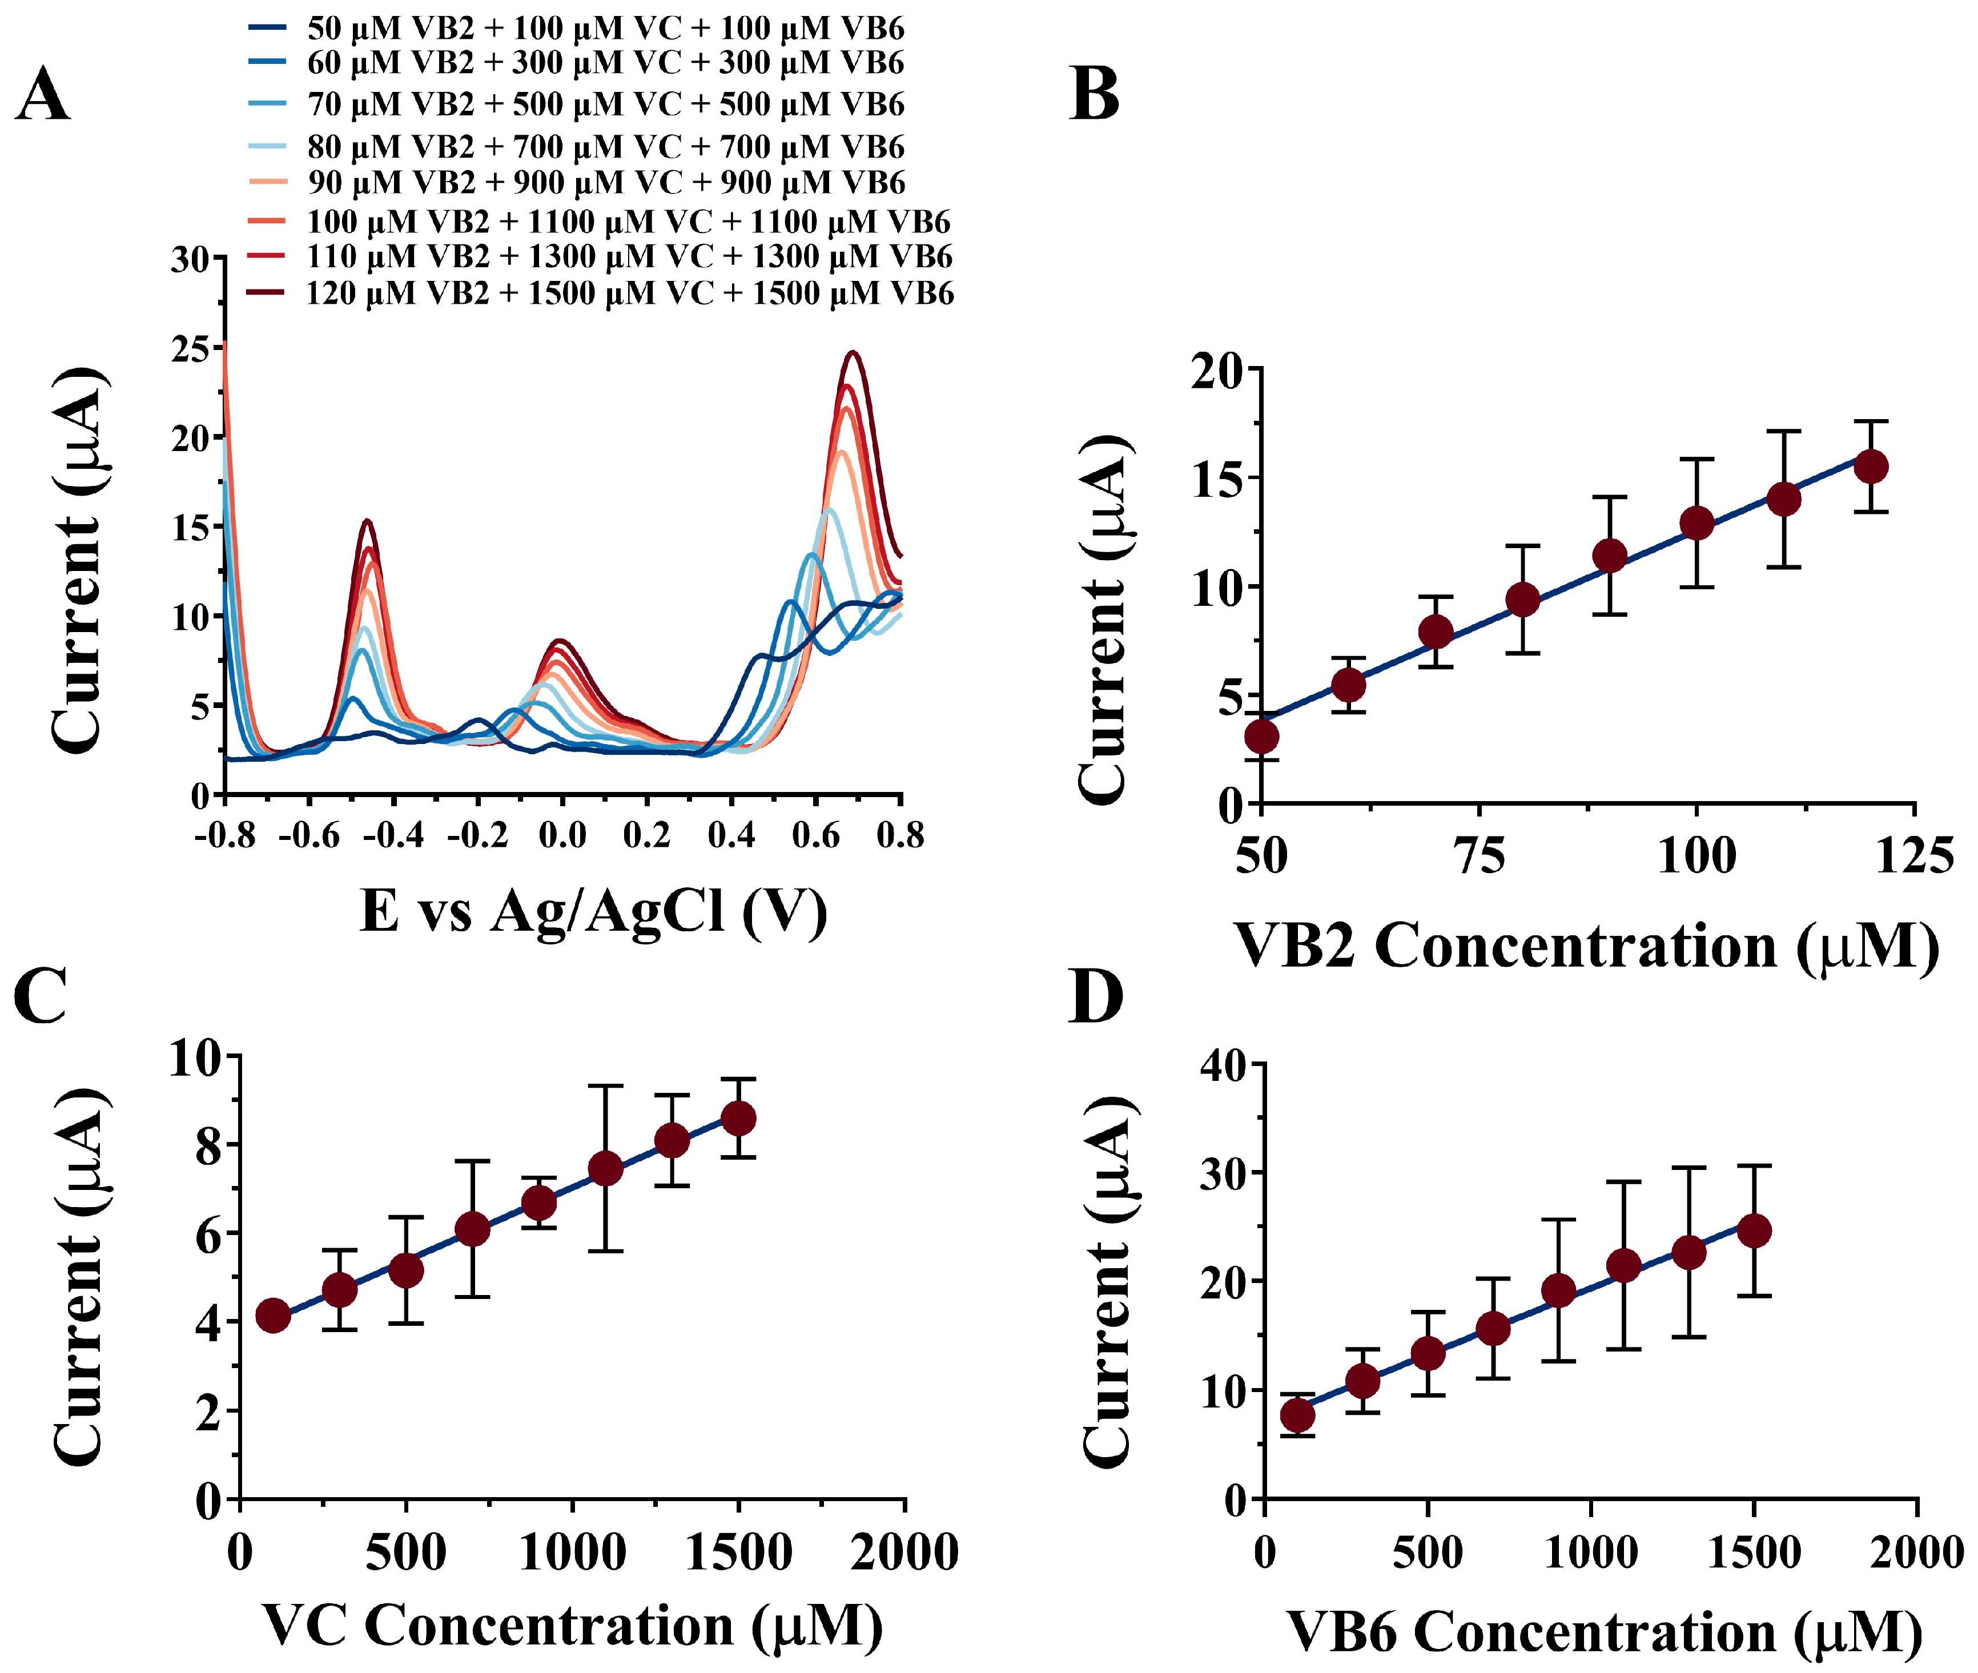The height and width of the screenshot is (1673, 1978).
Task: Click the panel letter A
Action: pyautogui.click(x=43, y=96)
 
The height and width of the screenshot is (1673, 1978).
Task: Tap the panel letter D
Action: pyautogui.click(x=1095, y=996)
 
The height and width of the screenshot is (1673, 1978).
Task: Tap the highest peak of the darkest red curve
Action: pyautogui.click(x=854, y=353)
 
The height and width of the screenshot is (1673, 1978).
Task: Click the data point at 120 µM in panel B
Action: pyautogui.click(x=1870, y=466)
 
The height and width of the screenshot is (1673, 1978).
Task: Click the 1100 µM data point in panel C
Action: pyautogui.click(x=605, y=1168)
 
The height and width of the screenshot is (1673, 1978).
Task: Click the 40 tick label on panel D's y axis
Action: pyautogui.click(x=1223, y=1065)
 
